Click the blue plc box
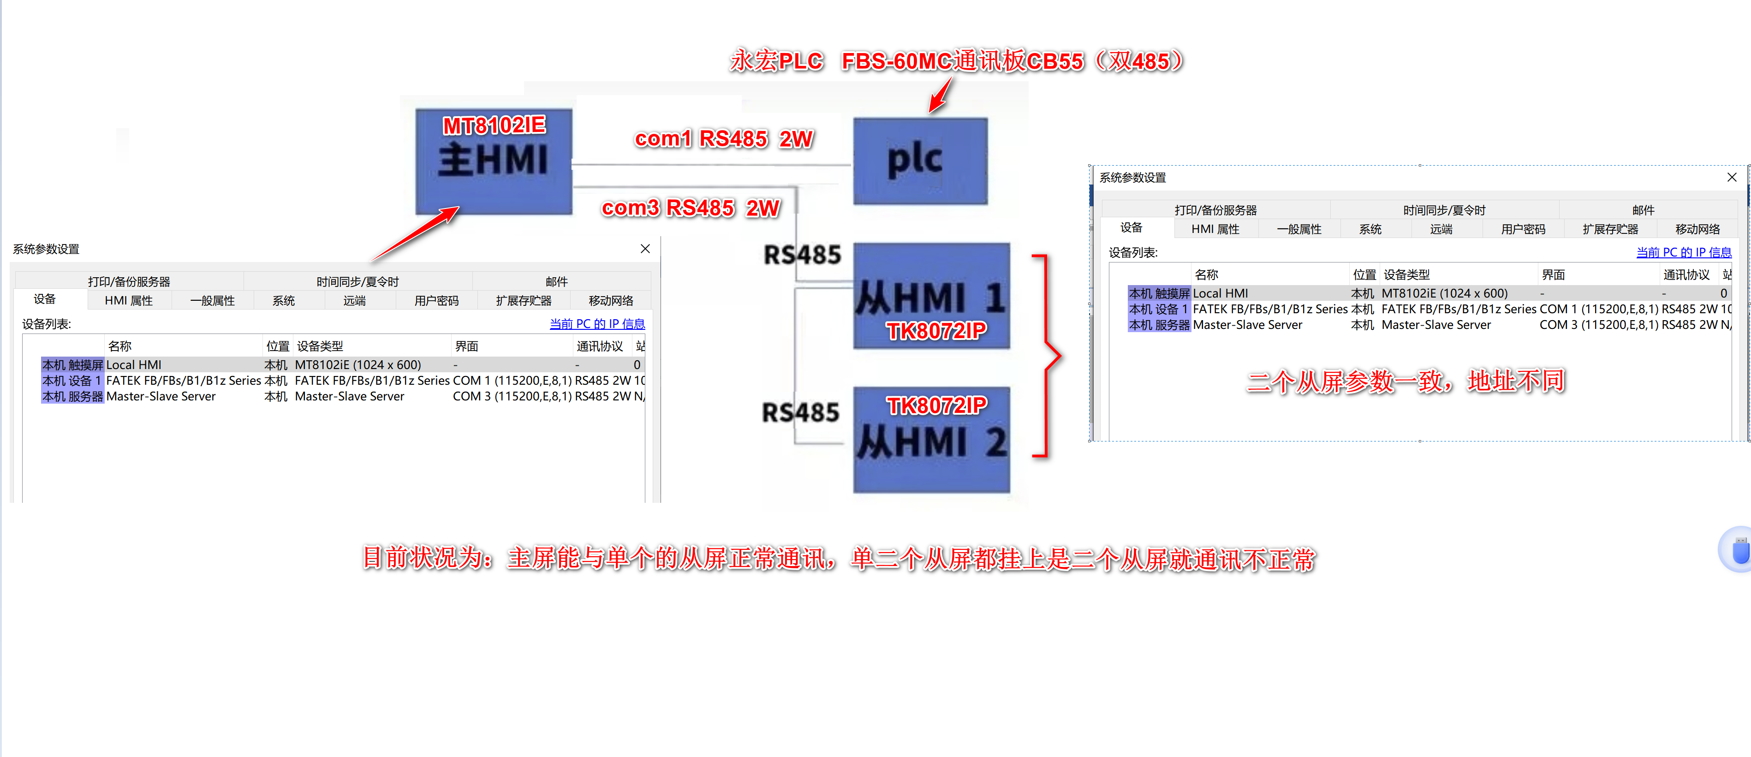[920, 161]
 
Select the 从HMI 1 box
[931, 296]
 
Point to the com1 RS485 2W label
[723, 139]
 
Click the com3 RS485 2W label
[691, 208]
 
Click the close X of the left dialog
[645, 249]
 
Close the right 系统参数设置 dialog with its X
[1731, 177]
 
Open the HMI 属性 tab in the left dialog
[129, 300]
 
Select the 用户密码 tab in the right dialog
[1523, 229]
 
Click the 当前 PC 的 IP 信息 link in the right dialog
[1683, 252]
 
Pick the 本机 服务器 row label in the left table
[72, 396]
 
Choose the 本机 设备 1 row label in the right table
[1158, 309]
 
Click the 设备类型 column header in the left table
[320, 346]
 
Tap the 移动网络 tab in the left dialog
[610, 300]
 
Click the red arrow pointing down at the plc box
[940, 95]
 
